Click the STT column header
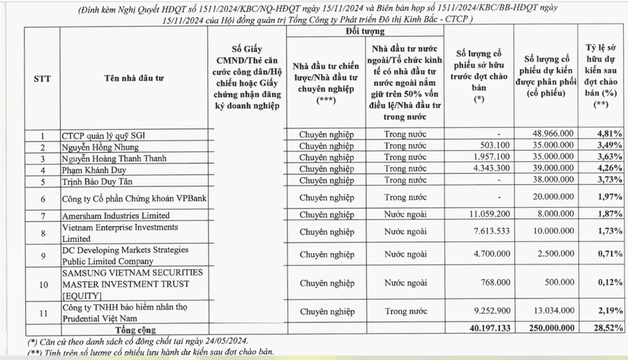[42, 78]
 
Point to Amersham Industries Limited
[116, 216]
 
